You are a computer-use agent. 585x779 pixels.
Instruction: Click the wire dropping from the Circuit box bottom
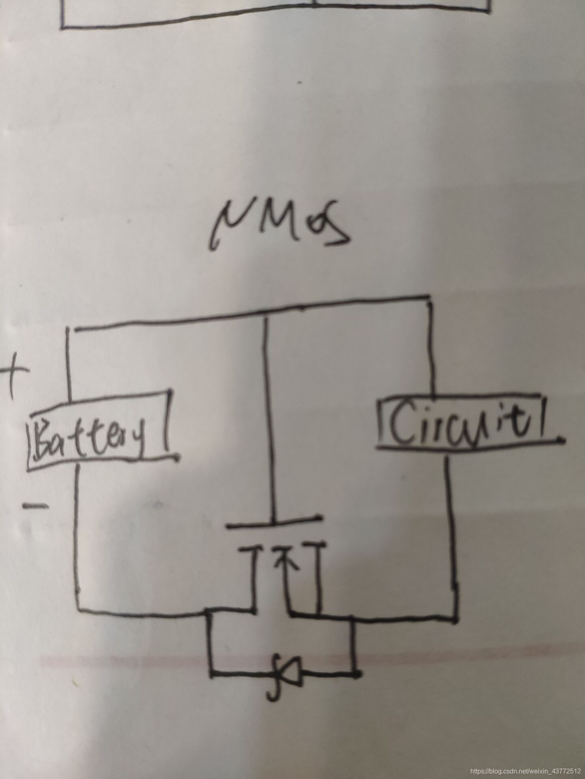coord(452,527)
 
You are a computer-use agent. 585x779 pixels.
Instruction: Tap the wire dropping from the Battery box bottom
coord(77,527)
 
